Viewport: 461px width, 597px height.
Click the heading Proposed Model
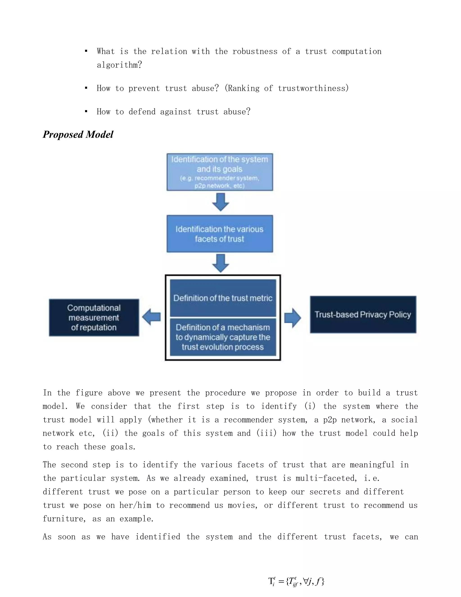tap(78, 134)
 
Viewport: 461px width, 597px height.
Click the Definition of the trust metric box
tap(223, 298)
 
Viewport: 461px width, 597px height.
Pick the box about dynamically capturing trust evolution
tap(223, 337)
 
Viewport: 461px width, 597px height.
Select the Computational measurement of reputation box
tap(94, 317)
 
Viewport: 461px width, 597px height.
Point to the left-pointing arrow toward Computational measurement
tap(151, 317)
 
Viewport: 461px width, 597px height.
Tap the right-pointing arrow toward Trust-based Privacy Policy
tap(292, 318)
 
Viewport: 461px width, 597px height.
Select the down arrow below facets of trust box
tap(220, 263)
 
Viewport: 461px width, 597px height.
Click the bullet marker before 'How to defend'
tap(86, 111)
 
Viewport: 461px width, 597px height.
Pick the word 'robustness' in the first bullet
tap(255, 51)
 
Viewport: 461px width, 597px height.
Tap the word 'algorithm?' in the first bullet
tap(119, 65)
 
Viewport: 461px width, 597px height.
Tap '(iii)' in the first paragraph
tap(266, 433)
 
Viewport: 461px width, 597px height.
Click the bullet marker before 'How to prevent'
tap(86, 88)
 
